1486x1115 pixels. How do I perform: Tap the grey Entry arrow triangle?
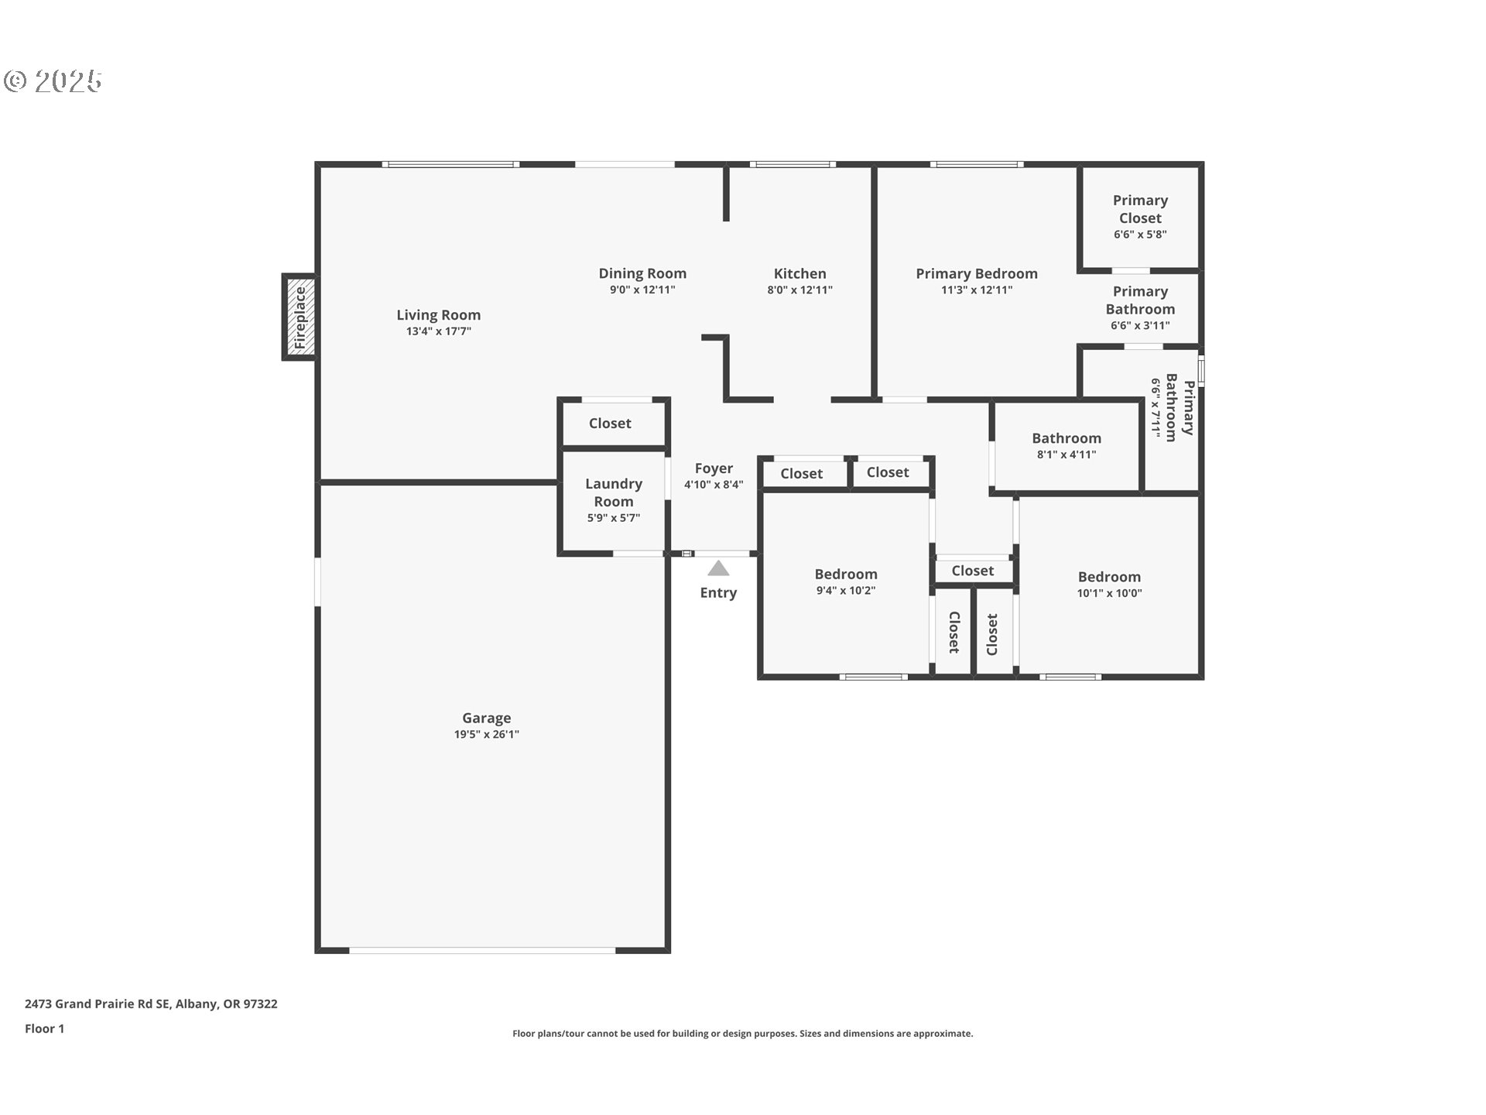[x=718, y=569]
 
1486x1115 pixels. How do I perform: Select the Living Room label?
[x=438, y=315]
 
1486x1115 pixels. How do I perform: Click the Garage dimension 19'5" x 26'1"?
[x=486, y=735]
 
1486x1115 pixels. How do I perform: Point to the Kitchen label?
[x=799, y=273]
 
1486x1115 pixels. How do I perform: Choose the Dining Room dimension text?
[x=642, y=290]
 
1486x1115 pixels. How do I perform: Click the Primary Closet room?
[x=1139, y=217]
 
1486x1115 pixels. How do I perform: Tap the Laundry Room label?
[x=613, y=492]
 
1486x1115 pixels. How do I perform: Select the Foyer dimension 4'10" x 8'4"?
[x=713, y=485]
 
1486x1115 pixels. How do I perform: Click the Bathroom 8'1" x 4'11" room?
[x=1066, y=446]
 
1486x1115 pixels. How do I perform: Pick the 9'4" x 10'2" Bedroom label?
[x=845, y=575]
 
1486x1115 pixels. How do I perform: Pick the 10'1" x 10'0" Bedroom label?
[x=1108, y=577]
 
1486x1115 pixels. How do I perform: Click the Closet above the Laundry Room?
[x=610, y=424]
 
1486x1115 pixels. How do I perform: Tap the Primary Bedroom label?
[x=976, y=273]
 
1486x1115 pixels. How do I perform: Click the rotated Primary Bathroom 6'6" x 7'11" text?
[x=1172, y=408]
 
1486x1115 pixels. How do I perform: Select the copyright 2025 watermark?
[x=53, y=81]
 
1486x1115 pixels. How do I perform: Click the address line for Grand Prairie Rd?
[x=151, y=1003]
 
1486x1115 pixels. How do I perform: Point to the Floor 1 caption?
[x=44, y=1028]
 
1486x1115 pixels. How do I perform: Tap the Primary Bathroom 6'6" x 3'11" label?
[x=1139, y=307]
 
